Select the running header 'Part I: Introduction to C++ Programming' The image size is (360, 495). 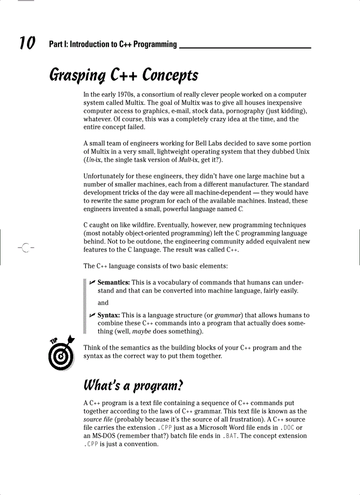tap(113, 44)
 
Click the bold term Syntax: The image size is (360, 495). tap(109, 315)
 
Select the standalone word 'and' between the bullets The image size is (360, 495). tap(103, 303)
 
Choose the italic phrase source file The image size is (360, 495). tap(97, 420)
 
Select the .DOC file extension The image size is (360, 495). tap(288, 428)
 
